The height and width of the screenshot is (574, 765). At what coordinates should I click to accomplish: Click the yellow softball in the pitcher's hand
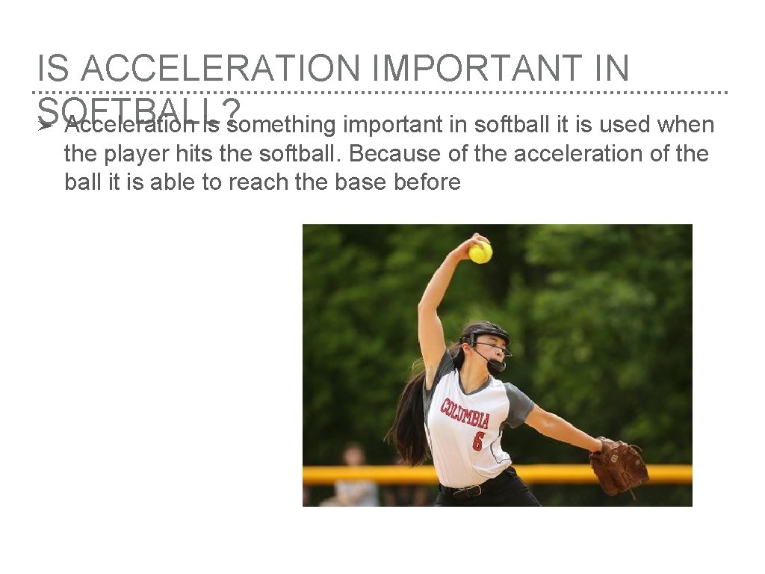pyautogui.click(x=480, y=252)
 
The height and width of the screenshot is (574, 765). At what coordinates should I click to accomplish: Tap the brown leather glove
pyautogui.click(x=618, y=465)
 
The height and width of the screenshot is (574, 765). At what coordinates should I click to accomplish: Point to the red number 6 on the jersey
pyautogui.click(x=478, y=441)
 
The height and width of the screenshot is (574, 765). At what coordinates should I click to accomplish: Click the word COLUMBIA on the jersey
pyautogui.click(x=465, y=413)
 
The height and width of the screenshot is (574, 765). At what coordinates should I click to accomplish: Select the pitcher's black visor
pyautogui.click(x=486, y=332)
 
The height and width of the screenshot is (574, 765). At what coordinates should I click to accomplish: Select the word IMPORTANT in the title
pyautogui.click(x=468, y=70)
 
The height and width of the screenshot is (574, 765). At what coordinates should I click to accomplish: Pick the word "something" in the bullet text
pyautogui.click(x=285, y=125)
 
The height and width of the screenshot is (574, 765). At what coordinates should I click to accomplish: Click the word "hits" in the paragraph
pyautogui.click(x=202, y=153)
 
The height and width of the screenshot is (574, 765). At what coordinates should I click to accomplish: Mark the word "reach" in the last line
pyautogui.click(x=256, y=182)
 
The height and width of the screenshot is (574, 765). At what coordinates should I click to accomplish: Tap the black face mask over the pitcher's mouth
pyautogui.click(x=495, y=365)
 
